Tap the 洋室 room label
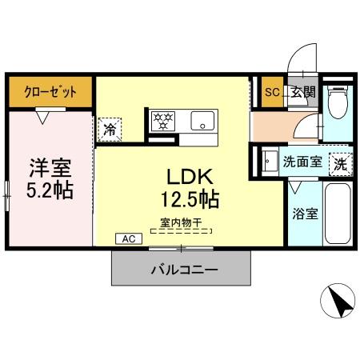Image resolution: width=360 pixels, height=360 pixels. (50, 168)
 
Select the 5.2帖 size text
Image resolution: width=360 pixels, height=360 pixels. (50, 191)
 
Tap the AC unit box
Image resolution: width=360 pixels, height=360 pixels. (127, 238)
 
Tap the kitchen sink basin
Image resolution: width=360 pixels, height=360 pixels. (201, 122)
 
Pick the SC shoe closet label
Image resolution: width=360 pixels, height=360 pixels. (272, 92)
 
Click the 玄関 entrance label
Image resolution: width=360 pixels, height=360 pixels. (302, 92)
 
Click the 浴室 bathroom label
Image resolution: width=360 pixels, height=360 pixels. (306, 214)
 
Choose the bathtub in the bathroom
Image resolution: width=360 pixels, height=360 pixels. (339, 214)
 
